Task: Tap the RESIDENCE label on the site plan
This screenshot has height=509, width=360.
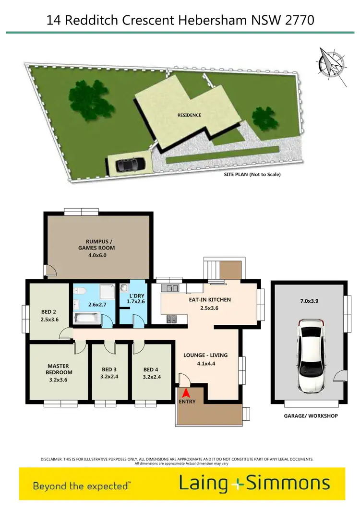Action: (x=190, y=115)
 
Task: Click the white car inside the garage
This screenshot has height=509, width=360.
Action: (x=311, y=355)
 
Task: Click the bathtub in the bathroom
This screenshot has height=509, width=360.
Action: (x=86, y=318)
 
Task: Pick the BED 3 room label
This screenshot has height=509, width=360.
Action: (x=109, y=373)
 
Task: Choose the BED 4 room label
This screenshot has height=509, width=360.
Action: (x=151, y=373)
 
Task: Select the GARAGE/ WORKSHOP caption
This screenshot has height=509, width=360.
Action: (x=311, y=416)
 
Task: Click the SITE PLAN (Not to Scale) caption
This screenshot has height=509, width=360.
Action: (x=252, y=175)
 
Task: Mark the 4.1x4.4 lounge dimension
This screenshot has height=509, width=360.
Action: (x=205, y=364)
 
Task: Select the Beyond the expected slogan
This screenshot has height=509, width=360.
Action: (x=81, y=485)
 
